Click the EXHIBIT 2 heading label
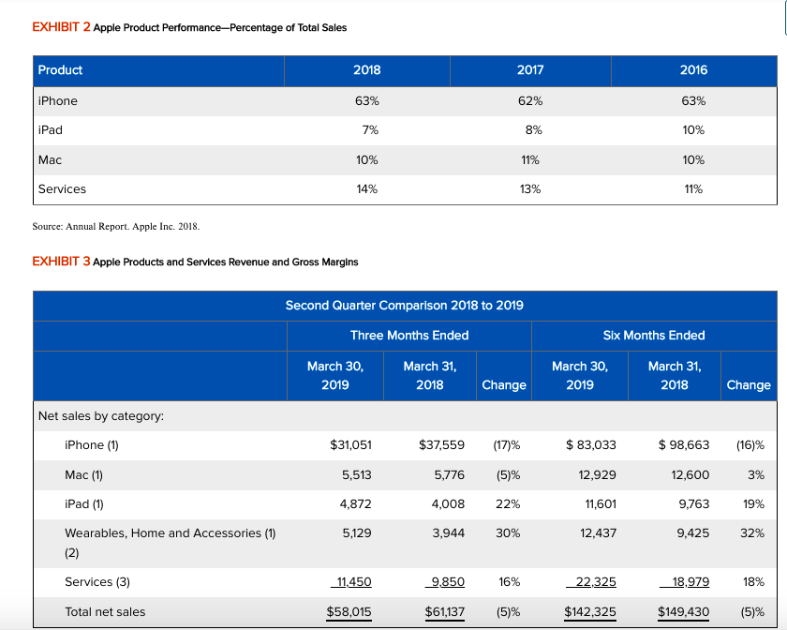pos(60,27)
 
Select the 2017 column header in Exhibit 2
pos(530,70)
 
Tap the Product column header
pos(60,70)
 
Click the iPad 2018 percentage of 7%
pos(367,130)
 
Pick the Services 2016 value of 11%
pos(693,189)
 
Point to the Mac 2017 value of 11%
pos(530,159)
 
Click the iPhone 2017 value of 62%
pos(530,101)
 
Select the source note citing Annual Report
pos(116,227)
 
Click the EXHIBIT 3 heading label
pos(60,262)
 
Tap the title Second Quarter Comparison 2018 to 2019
pos(404,306)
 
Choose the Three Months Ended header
pos(409,335)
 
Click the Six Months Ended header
pos(654,335)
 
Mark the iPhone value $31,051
pos(352,445)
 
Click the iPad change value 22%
pos(509,504)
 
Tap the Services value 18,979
pos(690,582)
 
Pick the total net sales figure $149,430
pos(683,612)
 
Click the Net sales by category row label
pos(100,415)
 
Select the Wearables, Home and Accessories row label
pos(170,533)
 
